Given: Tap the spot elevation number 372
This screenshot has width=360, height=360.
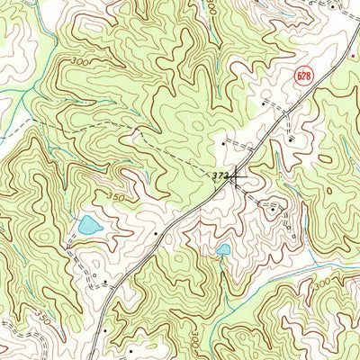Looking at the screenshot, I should coord(220,175).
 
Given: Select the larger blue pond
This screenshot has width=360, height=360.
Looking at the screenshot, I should coord(88,226).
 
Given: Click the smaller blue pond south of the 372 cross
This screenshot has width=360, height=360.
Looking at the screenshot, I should coord(223,249).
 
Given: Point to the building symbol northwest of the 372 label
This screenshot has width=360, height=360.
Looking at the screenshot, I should coord(222,142).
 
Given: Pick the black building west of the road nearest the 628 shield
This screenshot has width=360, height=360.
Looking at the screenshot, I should coord(263,105).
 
